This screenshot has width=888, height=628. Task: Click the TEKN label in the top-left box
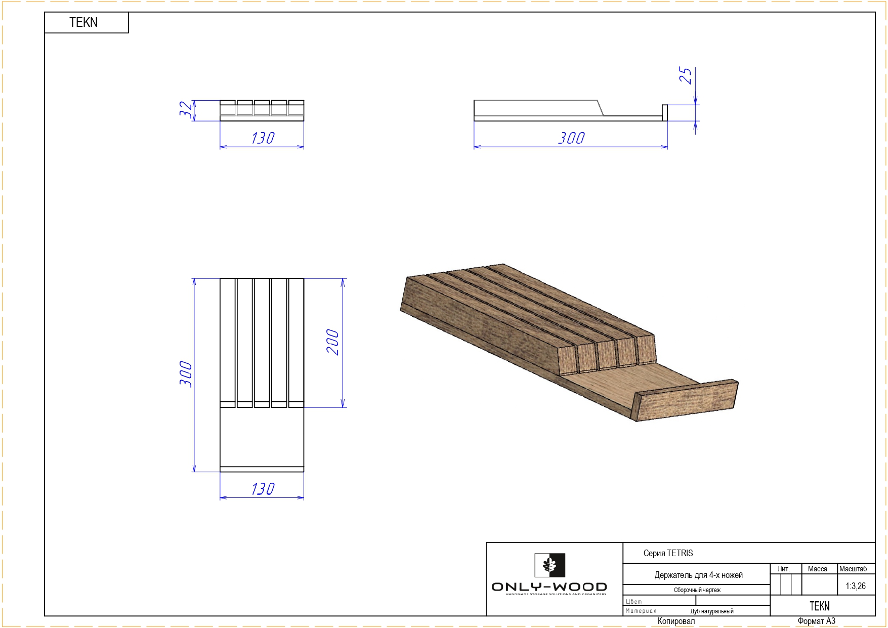coord(83,22)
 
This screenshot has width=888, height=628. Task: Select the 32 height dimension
coord(186,109)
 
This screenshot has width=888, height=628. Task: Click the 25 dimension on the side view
coord(685,75)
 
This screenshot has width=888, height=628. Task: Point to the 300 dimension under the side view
coord(571,138)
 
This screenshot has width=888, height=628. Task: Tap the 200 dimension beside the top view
coord(332,342)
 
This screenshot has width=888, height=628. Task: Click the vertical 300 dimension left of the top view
coord(186,374)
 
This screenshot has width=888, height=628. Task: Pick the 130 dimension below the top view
coord(263,489)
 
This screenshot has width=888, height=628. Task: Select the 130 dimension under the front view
coord(263,138)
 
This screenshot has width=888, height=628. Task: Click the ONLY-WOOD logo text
coord(549,587)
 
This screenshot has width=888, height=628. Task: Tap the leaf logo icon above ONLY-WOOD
coord(550,565)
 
